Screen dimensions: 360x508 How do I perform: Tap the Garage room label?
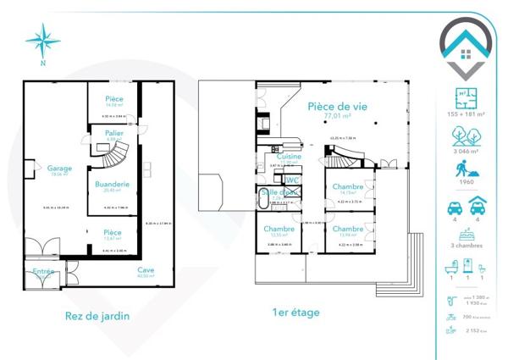tap(59, 168)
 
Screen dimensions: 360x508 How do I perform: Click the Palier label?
tap(115, 134)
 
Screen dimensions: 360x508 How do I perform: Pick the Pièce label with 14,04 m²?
tap(114, 99)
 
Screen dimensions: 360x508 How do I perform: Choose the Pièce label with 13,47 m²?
tap(113, 232)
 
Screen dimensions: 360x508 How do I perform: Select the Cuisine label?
tap(290, 157)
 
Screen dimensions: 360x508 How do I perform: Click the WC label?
tap(293, 180)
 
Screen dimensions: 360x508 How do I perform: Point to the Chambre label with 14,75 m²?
tap(348, 186)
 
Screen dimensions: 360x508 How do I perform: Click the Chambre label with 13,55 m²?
tap(279, 229)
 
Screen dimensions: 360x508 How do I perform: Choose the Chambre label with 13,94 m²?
tap(348, 229)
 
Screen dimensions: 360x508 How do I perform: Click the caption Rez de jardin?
tap(97, 316)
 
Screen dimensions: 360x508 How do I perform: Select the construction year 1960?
tap(463, 180)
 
